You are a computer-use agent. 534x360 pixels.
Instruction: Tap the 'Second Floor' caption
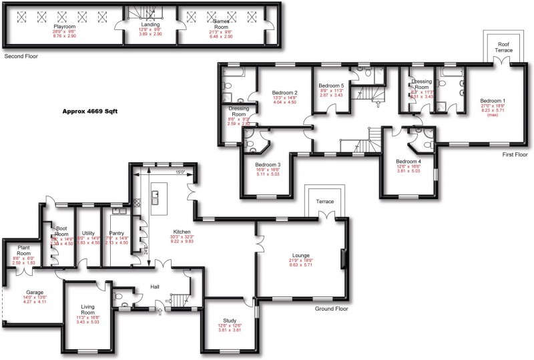coord(21,57)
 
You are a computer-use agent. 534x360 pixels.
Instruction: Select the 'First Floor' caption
coord(514,154)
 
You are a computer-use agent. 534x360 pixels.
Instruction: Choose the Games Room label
coord(220,27)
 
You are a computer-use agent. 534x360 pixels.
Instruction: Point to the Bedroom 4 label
coord(407,162)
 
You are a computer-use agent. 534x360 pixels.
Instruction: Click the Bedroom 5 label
coord(331,85)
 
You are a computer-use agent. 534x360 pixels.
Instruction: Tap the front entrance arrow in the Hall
coord(158,305)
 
